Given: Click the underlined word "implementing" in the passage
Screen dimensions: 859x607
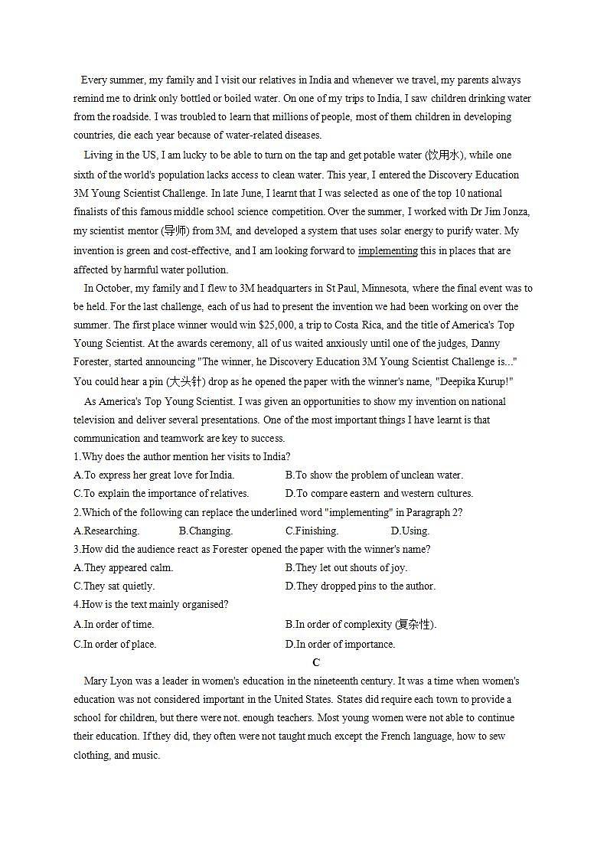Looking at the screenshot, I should pos(387,251).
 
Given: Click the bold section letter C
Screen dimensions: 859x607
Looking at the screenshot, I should pos(316,663).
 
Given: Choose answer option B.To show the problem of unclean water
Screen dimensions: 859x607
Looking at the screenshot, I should pos(374,475).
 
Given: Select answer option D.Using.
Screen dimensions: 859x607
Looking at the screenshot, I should pos(410,531).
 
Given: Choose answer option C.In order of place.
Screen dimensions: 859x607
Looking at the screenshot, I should pos(114,645).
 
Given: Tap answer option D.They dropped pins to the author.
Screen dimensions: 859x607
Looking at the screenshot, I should pos(360,586).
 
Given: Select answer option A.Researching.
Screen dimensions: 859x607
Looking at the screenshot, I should pos(106,531).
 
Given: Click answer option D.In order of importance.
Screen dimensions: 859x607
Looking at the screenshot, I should pos(340,645).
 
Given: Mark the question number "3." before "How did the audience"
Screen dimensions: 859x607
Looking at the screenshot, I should pos(77,550).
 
